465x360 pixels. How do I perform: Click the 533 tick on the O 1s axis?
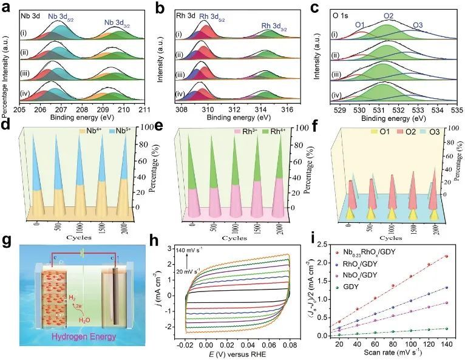(418, 110)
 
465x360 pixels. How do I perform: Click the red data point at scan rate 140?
(446, 256)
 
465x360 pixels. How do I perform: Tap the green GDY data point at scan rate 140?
(446, 328)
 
